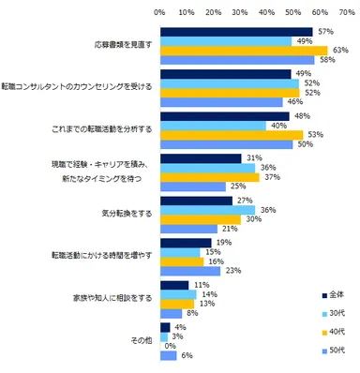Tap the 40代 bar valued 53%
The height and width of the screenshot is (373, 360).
pos(231,135)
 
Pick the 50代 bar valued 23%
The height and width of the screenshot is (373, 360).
pos(190,271)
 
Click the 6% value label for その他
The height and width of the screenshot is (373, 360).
pos(187,355)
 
